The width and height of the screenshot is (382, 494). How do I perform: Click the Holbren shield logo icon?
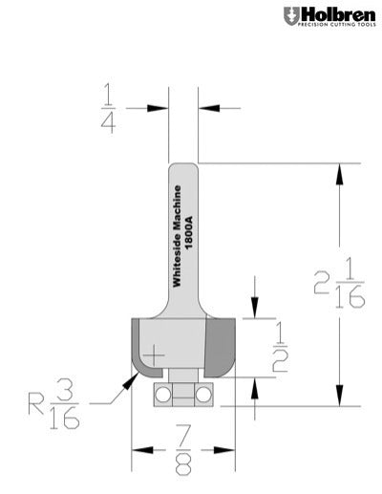pos(290,16)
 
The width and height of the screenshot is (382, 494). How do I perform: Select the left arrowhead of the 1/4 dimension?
pos(163,107)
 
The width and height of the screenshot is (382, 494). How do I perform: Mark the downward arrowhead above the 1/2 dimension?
pos(253,311)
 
